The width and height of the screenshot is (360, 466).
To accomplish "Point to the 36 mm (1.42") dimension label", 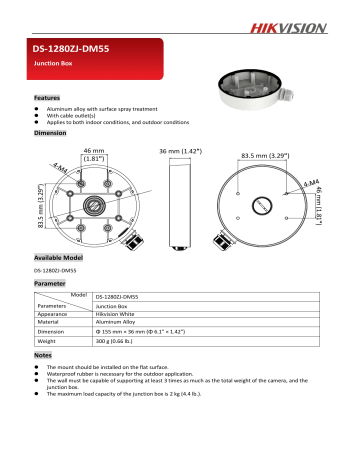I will [182, 150].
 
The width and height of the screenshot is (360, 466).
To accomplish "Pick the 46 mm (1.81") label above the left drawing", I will [96, 153].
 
